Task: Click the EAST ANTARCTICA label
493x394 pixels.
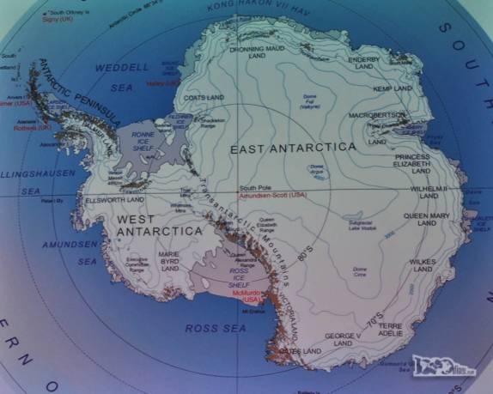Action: coord(292,148)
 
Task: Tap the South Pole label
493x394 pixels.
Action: coord(254,188)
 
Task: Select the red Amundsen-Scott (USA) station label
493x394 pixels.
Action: coord(272,196)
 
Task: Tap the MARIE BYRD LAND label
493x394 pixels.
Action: coord(170,261)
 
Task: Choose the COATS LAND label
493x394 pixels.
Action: coord(204,98)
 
